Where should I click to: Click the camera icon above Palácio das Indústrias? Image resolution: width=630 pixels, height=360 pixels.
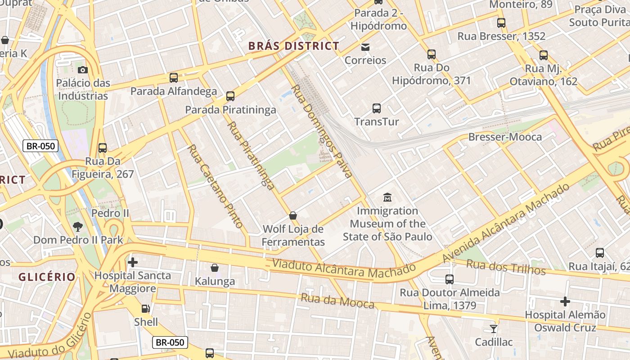click(x=82, y=70)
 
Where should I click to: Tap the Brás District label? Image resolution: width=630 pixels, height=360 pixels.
click(x=293, y=46)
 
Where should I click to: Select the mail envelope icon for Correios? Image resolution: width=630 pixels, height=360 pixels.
click(x=365, y=47)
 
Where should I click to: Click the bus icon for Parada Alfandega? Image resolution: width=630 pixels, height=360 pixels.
click(x=174, y=78)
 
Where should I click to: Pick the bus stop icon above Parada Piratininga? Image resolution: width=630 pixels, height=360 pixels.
click(x=230, y=96)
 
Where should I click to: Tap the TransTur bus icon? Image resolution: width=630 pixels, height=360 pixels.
click(x=377, y=108)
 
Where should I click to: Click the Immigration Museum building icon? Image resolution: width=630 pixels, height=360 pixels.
click(x=387, y=197)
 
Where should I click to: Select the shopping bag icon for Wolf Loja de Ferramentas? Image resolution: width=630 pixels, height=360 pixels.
click(x=293, y=216)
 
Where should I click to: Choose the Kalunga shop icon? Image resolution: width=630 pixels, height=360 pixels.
click(x=215, y=268)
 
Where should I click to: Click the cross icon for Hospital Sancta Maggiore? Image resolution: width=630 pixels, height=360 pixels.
click(x=133, y=262)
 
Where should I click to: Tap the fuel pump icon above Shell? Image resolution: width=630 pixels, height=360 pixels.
click(x=146, y=309)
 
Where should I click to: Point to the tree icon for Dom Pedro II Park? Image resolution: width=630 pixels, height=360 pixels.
click(x=78, y=226)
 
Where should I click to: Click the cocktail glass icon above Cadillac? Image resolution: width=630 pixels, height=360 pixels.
click(x=494, y=329)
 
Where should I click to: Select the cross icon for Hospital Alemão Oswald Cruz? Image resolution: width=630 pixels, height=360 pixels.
click(x=565, y=301)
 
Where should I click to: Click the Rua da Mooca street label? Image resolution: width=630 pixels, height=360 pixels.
click(x=337, y=301)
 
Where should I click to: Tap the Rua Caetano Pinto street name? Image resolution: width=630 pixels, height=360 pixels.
click(x=215, y=186)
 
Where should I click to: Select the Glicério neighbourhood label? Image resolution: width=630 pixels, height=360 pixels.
click(x=47, y=277)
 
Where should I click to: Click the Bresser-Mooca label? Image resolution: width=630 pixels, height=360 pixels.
click(x=505, y=137)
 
